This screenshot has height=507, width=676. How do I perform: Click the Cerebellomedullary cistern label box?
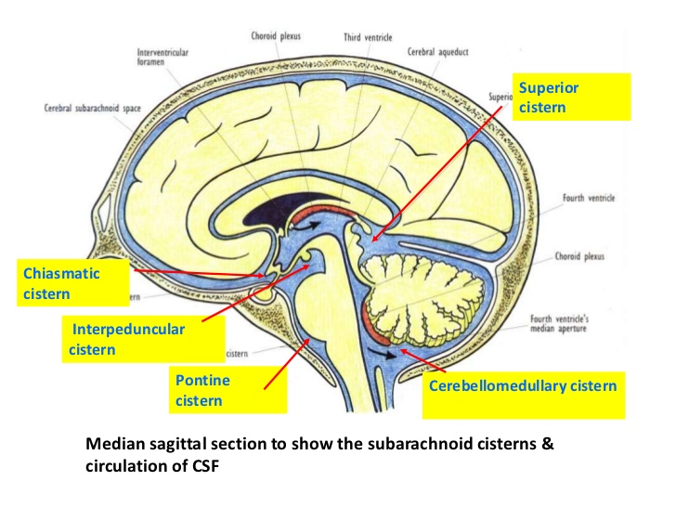coord(523,384)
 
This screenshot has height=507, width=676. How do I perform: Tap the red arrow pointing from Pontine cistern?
coord(288,362)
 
